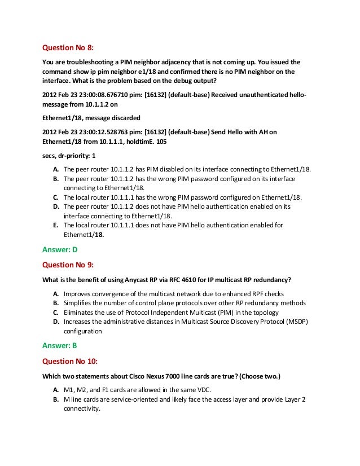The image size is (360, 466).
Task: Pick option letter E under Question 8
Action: click(55, 225)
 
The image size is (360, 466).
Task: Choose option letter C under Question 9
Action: click(56, 313)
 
